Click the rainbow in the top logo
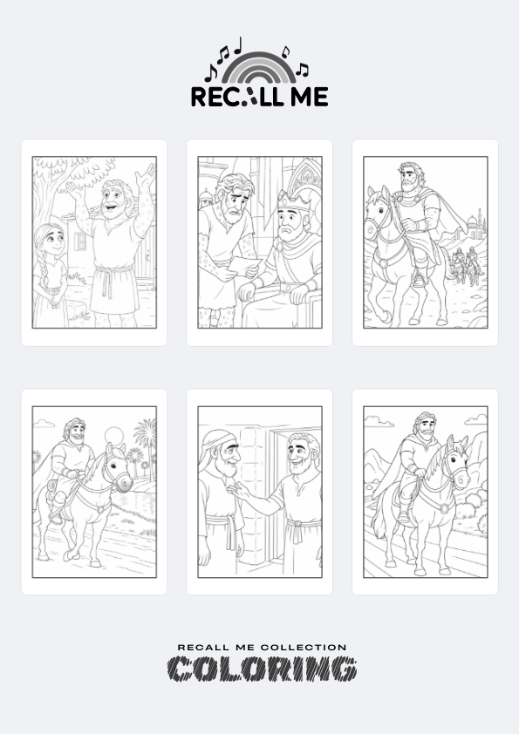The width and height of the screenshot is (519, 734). click(x=259, y=60)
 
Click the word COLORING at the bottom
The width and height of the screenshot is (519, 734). click(x=263, y=669)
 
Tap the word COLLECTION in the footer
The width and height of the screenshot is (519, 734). click(x=304, y=648)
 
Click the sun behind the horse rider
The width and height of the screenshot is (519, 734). click(x=113, y=436)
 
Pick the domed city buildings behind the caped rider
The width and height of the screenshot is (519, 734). click(x=474, y=226)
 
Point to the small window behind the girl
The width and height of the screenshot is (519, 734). click(x=80, y=241)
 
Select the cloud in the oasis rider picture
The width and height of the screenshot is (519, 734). click(x=44, y=423)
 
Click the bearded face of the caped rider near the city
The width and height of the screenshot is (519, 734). click(x=408, y=178)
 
